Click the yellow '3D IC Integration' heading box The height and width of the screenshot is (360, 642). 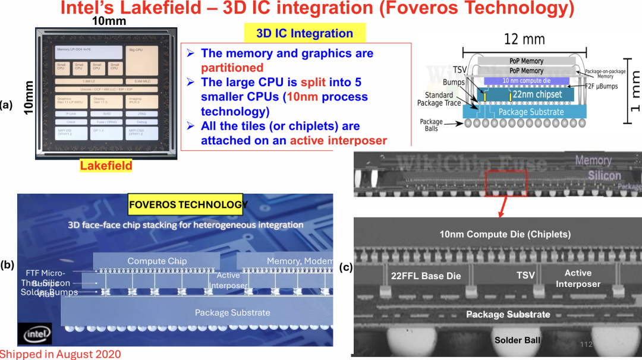click(305, 33)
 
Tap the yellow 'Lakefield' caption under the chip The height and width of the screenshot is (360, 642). click(106, 166)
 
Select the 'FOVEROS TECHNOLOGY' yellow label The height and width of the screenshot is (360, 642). click(188, 205)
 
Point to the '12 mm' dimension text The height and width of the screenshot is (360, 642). click(524, 39)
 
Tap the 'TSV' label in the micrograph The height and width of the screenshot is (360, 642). click(525, 276)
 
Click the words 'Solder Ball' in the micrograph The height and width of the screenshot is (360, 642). click(517, 340)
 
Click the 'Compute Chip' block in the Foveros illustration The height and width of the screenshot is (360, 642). click(157, 261)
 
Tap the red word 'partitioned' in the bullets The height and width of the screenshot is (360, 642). click(232, 68)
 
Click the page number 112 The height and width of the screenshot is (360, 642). click(586, 345)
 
